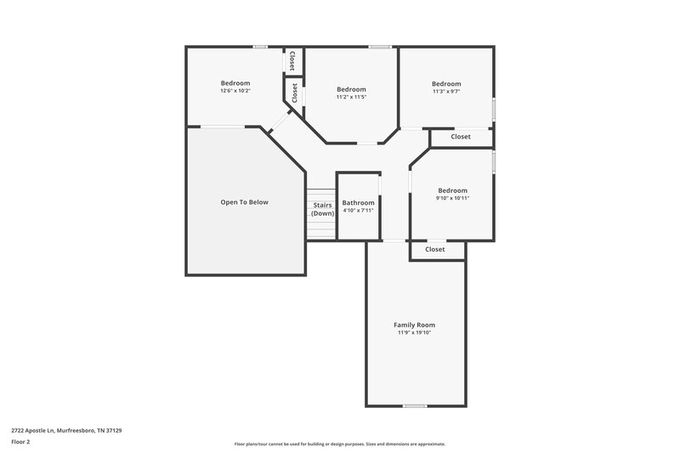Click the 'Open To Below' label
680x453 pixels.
click(244, 202)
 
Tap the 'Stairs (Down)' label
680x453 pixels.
click(322, 209)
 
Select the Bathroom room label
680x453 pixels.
click(358, 203)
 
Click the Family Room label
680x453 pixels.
click(415, 326)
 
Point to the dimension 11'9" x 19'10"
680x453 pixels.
click(415, 333)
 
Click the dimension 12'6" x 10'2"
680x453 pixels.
click(235, 91)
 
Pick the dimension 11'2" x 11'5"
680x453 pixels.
click(351, 97)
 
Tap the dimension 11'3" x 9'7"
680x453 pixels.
click(446, 92)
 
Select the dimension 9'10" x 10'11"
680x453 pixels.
click(452, 198)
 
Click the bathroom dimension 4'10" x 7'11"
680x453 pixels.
click(358, 211)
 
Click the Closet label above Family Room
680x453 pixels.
click(435, 250)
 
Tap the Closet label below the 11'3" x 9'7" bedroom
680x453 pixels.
click(461, 137)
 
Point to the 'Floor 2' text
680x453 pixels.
click(21, 442)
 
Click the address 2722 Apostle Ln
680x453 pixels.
click(66, 431)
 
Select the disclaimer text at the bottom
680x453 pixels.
click(340, 444)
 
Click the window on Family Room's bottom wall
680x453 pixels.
click(415, 405)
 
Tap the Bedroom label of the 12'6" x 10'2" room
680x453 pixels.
click(235, 83)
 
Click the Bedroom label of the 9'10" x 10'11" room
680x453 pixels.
click(452, 190)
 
